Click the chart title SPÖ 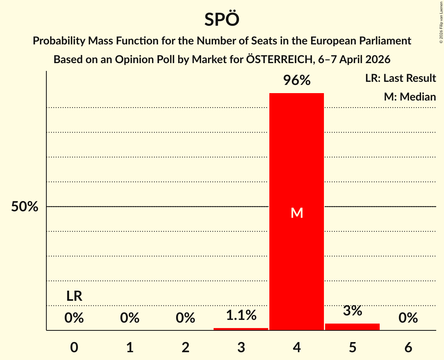(221, 19)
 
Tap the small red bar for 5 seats (352, 326)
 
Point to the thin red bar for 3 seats (241, 329)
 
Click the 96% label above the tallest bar (297, 81)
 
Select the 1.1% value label (241, 315)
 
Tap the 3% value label (352, 311)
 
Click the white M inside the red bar (297, 213)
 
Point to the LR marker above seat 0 (74, 296)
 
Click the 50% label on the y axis (25, 207)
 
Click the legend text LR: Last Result (400, 78)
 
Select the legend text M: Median (410, 97)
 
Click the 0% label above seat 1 (130, 318)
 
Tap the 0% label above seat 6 (408, 318)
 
